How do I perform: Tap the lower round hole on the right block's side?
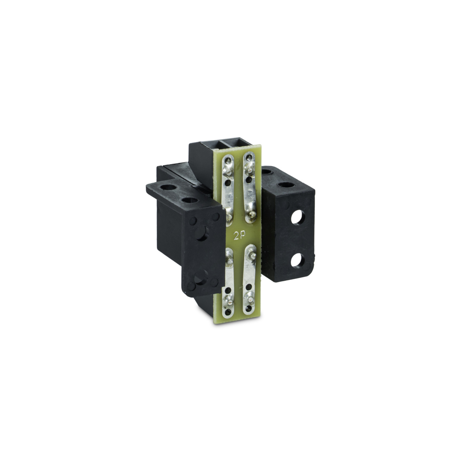tap(297, 260)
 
